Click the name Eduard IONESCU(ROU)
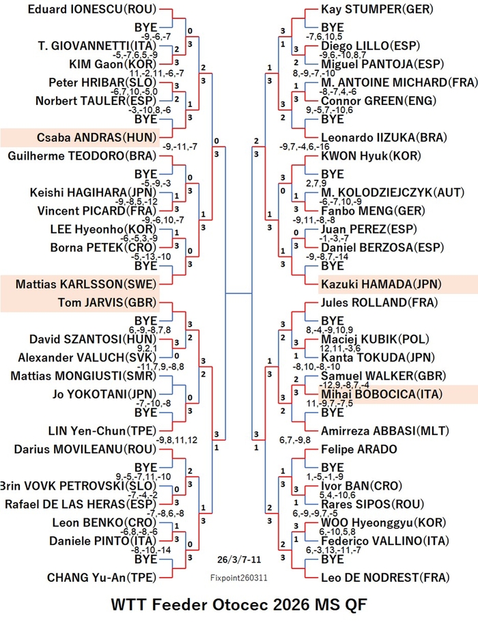point(92,9)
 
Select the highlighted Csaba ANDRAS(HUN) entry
point(97,138)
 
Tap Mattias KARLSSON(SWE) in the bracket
point(86,284)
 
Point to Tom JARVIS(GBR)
point(107,302)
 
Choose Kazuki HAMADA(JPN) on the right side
point(381,284)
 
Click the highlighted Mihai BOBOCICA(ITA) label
point(382,394)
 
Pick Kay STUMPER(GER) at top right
point(377,9)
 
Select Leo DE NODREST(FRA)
point(385,578)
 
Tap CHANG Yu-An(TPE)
point(102,578)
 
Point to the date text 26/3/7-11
point(240,559)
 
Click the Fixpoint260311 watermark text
point(239,578)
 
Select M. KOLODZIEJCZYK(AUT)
point(393,192)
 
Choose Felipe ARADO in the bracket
point(359,449)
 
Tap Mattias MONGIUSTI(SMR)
point(83,376)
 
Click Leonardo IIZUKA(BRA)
point(384,138)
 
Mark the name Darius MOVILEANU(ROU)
point(85,449)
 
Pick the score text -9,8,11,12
point(177,440)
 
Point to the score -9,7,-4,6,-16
point(305,147)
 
